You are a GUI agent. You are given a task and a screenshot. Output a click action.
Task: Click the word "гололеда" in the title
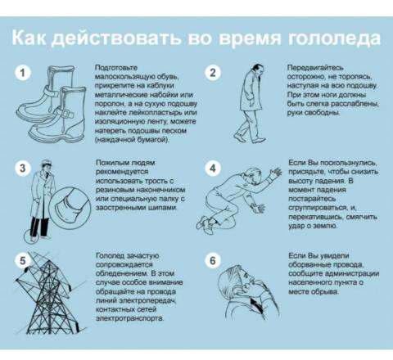pos(334,38)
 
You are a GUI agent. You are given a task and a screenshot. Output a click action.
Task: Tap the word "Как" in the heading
pos(29,37)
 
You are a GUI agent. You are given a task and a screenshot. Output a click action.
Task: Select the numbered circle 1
pos(23,73)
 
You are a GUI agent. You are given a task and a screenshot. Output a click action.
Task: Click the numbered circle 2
pos(213,73)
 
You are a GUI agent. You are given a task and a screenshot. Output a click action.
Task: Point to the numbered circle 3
pos(23,168)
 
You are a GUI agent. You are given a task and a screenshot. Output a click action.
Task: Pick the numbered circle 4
pos(213,168)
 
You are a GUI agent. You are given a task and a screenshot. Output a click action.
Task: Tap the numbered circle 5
pos(23,260)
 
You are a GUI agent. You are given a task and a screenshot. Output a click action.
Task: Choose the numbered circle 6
pos(213,260)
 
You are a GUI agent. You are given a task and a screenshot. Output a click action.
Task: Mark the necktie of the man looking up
pos(256,304)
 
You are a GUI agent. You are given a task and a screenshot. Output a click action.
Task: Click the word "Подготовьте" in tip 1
pos(116,68)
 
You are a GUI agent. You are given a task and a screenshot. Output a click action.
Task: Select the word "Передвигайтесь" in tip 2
pos(315,67)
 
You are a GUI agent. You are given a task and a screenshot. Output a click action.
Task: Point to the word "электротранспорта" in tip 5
pos(130,318)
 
